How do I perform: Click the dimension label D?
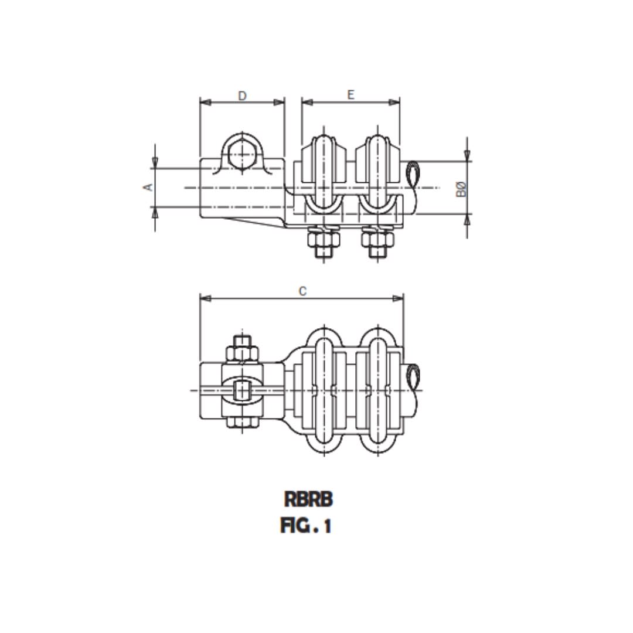click(x=242, y=96)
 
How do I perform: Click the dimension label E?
click(x=350, y=94)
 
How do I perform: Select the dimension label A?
click(x=149, y=187)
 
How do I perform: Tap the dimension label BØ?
click(x=462, y=188)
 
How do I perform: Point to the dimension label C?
click(x=302, y=291)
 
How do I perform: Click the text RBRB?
click(x=308, y=499)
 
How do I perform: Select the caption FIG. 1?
click(x=306, y=526)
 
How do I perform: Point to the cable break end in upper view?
click(x=413, y=175)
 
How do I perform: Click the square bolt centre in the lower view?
click(x=241, y=390)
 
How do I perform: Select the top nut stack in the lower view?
click(x=242, y=349)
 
